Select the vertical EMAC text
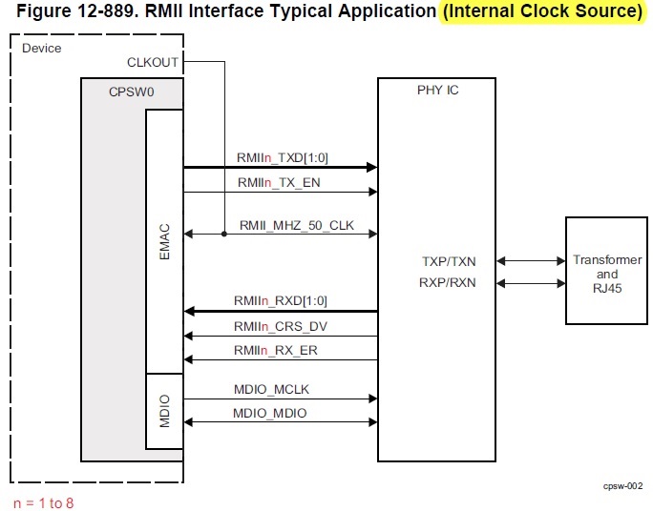pos(163,242)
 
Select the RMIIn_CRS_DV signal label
pos(282,325)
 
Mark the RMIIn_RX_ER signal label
pos(278,350)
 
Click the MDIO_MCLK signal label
pos(271,389)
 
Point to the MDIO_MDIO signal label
pos(271,413)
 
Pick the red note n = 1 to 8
pos(43,501)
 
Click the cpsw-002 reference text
pos(621,485)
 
